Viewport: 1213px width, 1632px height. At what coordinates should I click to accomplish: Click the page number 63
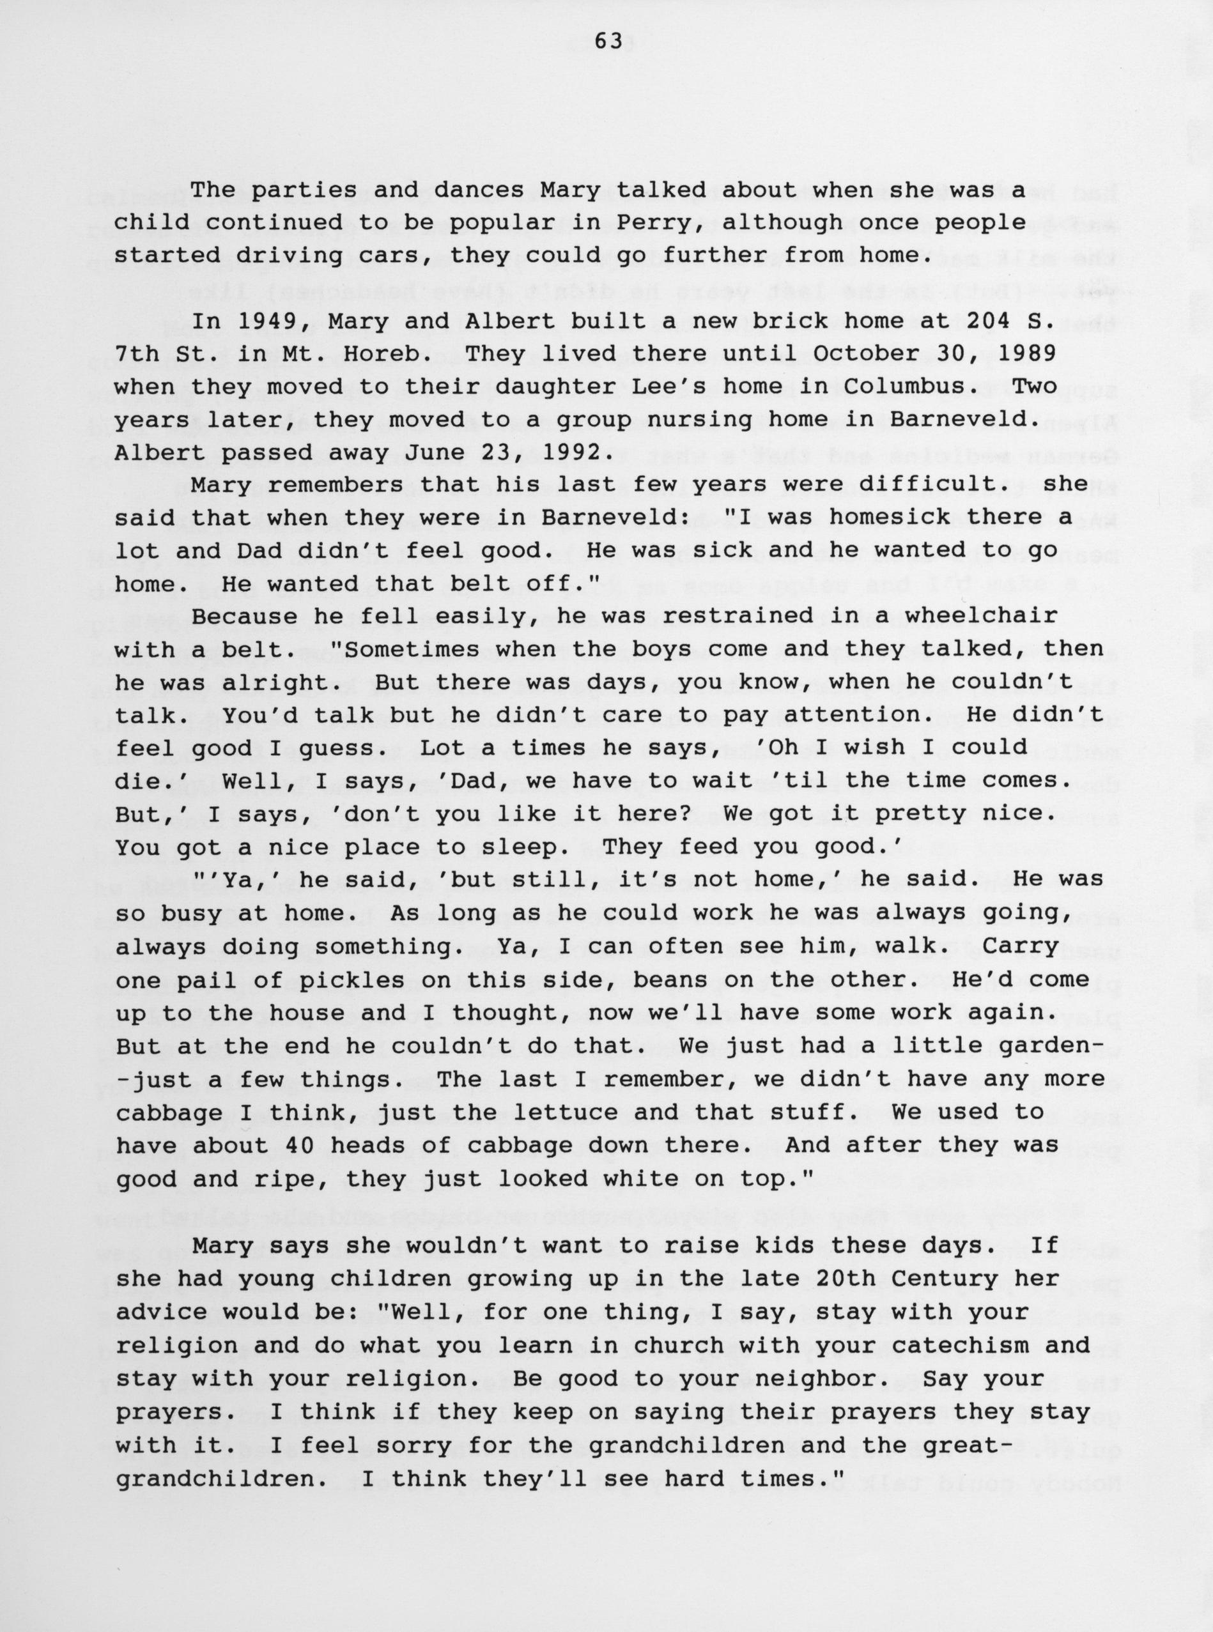[x=608, y=43]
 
